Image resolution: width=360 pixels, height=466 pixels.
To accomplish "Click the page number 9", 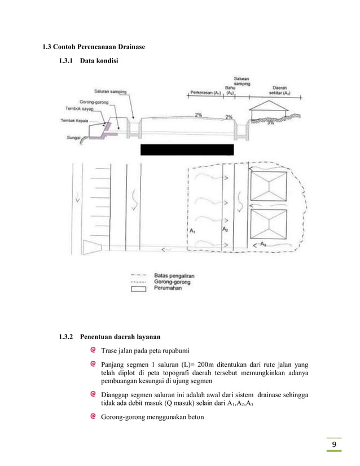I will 335,446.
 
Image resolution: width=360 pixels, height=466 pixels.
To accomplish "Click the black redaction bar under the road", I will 186,150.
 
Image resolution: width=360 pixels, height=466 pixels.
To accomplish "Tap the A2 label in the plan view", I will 225,230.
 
